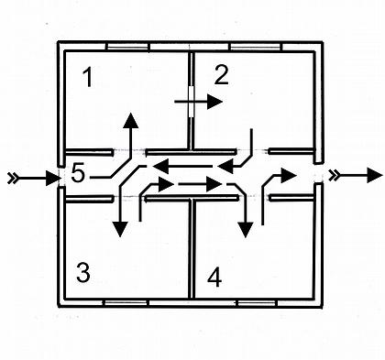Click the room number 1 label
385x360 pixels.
(88, 77)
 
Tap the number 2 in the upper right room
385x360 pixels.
(222, 75)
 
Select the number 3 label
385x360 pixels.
(83, 272)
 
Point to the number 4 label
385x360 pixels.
(214, 278)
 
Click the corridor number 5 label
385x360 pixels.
(78, 173)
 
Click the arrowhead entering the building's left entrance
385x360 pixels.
(52, 179)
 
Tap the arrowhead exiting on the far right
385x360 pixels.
(375, 175)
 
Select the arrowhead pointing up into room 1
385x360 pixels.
(131, 120)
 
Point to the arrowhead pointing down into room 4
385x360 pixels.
(246, 230)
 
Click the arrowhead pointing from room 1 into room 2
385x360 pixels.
(214, 102)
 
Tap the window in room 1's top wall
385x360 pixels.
(127, 47)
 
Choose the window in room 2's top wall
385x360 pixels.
(255, 47)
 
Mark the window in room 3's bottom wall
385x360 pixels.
(126, 302)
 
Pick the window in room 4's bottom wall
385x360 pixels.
(257, 303)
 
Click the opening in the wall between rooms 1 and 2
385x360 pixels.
(192, 102)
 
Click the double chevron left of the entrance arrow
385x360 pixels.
(12, 178)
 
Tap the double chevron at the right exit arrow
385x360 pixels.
(334, 175)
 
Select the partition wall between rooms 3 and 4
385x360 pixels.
(191, 248)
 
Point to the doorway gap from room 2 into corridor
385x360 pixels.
(252, 151)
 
